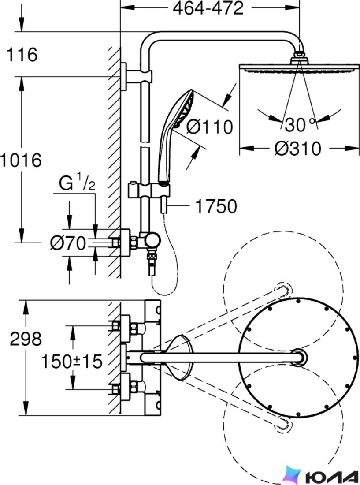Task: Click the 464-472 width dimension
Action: pyautogui.click(x=208, y=8)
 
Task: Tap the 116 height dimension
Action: pyautogui.click(x=22, y=54)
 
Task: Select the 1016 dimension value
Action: pyautogui.click(x=20, y=160)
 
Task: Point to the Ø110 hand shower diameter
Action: pyautogui.click(x=209, y=127)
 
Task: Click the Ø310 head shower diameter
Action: pyautogui.click(x=298, y=149)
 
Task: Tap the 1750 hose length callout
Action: pyautogui.click(x=216, y=206)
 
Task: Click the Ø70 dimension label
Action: pyautogui.click(x=68, y=243)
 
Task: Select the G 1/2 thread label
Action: pyautogui.click(x=77, y=183)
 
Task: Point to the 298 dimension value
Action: pyautogui.click(x=26, y=339)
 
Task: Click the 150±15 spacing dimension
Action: pyautogui.click(x=72, y=361)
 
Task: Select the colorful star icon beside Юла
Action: pyautogui.click(x=292, y=474)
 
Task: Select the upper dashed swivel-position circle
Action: pyautogui.click(x=283, y=291)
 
